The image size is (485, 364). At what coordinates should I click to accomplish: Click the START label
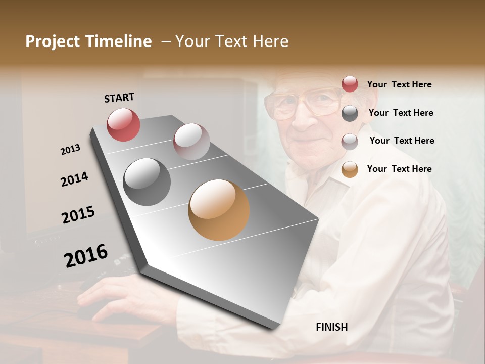tap(119, 98)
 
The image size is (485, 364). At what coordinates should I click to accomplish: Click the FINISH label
tap(331, 327)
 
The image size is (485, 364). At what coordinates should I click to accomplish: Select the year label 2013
tap(71, 150)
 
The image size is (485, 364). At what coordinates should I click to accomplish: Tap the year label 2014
tap(74, 179)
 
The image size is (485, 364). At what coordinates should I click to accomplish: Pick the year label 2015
tap(78, 215)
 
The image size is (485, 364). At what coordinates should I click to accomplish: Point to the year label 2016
tap(86, 256)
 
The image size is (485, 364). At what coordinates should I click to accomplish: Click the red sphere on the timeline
tap(123, 124)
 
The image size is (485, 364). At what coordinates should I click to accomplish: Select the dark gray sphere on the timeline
tap(147, 182)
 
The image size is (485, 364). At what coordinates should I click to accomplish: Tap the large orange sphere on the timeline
tap(219, 210)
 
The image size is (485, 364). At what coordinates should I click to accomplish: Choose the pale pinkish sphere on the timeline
tap(191, 142)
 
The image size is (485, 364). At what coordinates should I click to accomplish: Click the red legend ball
tap(350, 84)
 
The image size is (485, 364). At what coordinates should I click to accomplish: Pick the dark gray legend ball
tap(350, 113)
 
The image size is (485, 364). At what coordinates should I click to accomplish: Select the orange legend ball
tap(350, 169)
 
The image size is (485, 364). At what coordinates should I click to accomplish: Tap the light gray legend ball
tap(350, 141)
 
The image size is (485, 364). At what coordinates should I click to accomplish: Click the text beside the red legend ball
tap(399, 84)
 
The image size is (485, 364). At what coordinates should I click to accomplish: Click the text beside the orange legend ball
tap(399, 169)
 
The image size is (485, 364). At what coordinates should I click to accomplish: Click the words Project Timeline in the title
tap(88, 41)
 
